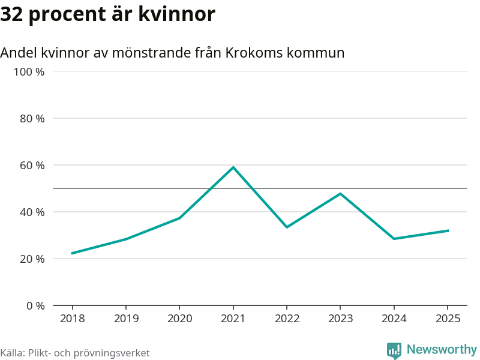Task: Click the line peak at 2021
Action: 233,167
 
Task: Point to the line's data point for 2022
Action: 287,227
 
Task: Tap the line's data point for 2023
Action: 340,194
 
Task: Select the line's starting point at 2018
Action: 72,253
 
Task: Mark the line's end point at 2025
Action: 448,230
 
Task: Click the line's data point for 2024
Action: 394,239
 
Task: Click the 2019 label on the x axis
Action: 126,319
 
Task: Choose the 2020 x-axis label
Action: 179,319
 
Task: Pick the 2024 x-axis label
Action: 394,319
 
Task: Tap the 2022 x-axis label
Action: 287,319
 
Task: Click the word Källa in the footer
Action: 12,353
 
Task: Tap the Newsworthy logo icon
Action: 394,350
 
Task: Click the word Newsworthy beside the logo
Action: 442,349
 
